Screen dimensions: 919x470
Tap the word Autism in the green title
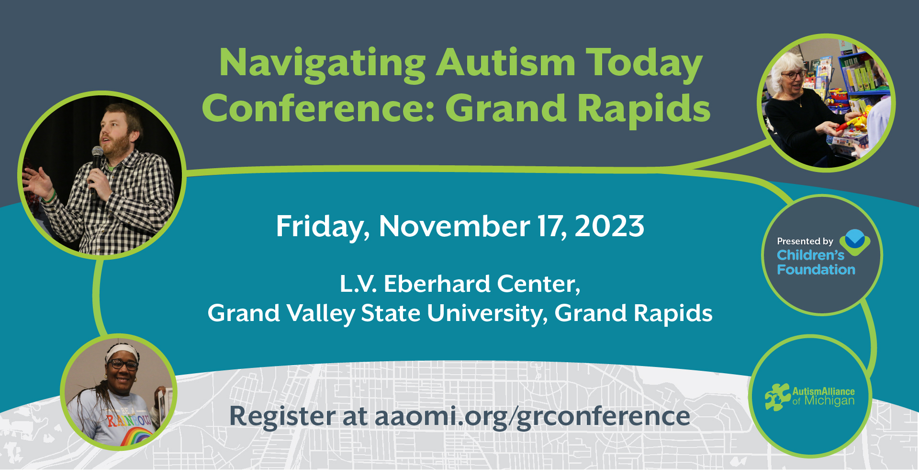505,62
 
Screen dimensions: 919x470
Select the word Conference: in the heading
318,108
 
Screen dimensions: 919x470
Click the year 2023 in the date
609,226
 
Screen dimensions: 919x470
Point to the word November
454,226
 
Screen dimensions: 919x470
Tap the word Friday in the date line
323,227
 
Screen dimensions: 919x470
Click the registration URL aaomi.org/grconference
532,416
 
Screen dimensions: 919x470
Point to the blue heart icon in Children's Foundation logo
855,241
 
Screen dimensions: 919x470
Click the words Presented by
805,241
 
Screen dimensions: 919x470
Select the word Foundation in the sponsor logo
816,270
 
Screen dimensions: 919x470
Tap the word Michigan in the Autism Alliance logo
829,401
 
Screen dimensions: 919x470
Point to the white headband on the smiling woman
123,352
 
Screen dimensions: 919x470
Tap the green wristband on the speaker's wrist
50,197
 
